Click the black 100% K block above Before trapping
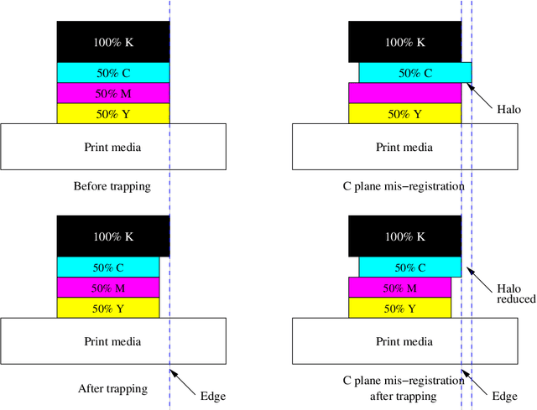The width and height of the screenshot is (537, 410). (112, 42)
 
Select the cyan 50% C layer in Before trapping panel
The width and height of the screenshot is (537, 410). (112, 73)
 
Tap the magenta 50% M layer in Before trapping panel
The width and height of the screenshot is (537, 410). (112, 93)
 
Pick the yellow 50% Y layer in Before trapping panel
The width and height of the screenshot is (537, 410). (112, 114)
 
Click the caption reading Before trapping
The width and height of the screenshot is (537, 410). (112, 186)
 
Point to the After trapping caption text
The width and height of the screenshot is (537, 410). (112, 388)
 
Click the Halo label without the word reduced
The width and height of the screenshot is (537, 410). (508, 110)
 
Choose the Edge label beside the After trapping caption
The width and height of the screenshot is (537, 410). (212, 396)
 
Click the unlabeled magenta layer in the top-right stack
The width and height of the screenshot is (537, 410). (404, 93)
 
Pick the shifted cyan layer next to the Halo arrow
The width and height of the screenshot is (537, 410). (414, 73)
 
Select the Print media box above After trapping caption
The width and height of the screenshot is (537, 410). (112, 341)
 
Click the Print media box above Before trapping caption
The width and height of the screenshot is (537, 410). (112, 148)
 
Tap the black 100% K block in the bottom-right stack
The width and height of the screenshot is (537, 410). (404, 236)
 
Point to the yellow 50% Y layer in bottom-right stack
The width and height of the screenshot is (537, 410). (399, 309)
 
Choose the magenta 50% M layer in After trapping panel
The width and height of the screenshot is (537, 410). (107, 288)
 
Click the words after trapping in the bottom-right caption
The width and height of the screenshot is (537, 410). (404, 396)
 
